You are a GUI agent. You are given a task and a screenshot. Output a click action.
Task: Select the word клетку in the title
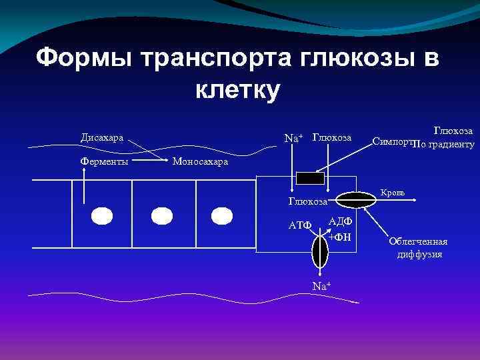coord(238,89)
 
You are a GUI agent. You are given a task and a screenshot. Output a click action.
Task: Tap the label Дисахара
coord(102,138)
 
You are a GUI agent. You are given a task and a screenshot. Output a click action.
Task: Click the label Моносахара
coord(200,161)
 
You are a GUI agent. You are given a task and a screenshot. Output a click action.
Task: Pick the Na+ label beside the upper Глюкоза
coord(293,138)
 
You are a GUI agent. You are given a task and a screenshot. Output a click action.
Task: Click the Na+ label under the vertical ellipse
coord(321,286)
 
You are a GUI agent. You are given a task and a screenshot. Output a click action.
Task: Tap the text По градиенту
coord(443,144)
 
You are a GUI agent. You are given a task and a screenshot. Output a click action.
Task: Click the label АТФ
coord(299,225)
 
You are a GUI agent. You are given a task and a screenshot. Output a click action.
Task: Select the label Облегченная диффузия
coord(419,247)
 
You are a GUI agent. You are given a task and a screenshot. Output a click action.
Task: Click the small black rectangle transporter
coord(309,178)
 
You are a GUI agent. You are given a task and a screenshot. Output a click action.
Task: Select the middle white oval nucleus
coord(161,216)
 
